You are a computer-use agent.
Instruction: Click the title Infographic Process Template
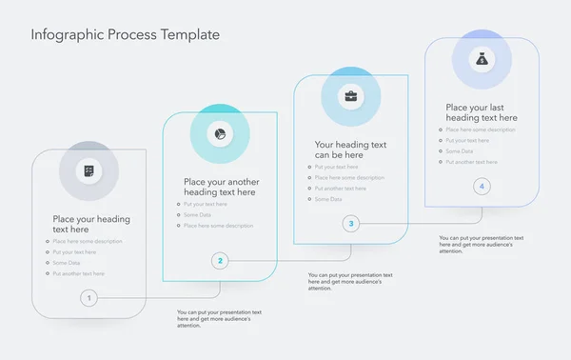(125, 35)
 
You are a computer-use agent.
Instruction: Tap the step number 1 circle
(89, 298)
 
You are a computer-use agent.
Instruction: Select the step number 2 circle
(220, 260)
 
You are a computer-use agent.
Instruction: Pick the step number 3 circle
(351, 224)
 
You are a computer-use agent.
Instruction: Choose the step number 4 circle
(482, 187)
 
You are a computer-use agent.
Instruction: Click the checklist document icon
(89, 171)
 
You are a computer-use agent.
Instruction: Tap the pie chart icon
(220, 134)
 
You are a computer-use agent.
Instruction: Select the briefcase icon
(351, 96)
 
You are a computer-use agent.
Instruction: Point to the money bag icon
(482, 59)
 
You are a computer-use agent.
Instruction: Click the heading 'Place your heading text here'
(91, 224)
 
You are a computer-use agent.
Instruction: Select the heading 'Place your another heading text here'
(221, 187)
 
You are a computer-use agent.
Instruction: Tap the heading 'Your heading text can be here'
(350, 150)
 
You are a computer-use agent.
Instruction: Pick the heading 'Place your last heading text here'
(482, 112)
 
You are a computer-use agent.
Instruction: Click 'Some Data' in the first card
(67, 263)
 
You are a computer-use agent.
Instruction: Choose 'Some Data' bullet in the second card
(198, 215)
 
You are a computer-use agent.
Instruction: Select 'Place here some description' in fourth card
(481, 130)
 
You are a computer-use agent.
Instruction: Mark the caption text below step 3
(349, 280)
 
